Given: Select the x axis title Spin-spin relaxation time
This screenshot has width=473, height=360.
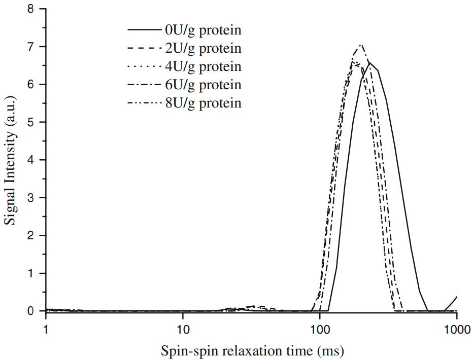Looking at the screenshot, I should click(252, 350).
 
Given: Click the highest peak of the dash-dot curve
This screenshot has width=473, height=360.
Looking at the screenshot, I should click(360, 45).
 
